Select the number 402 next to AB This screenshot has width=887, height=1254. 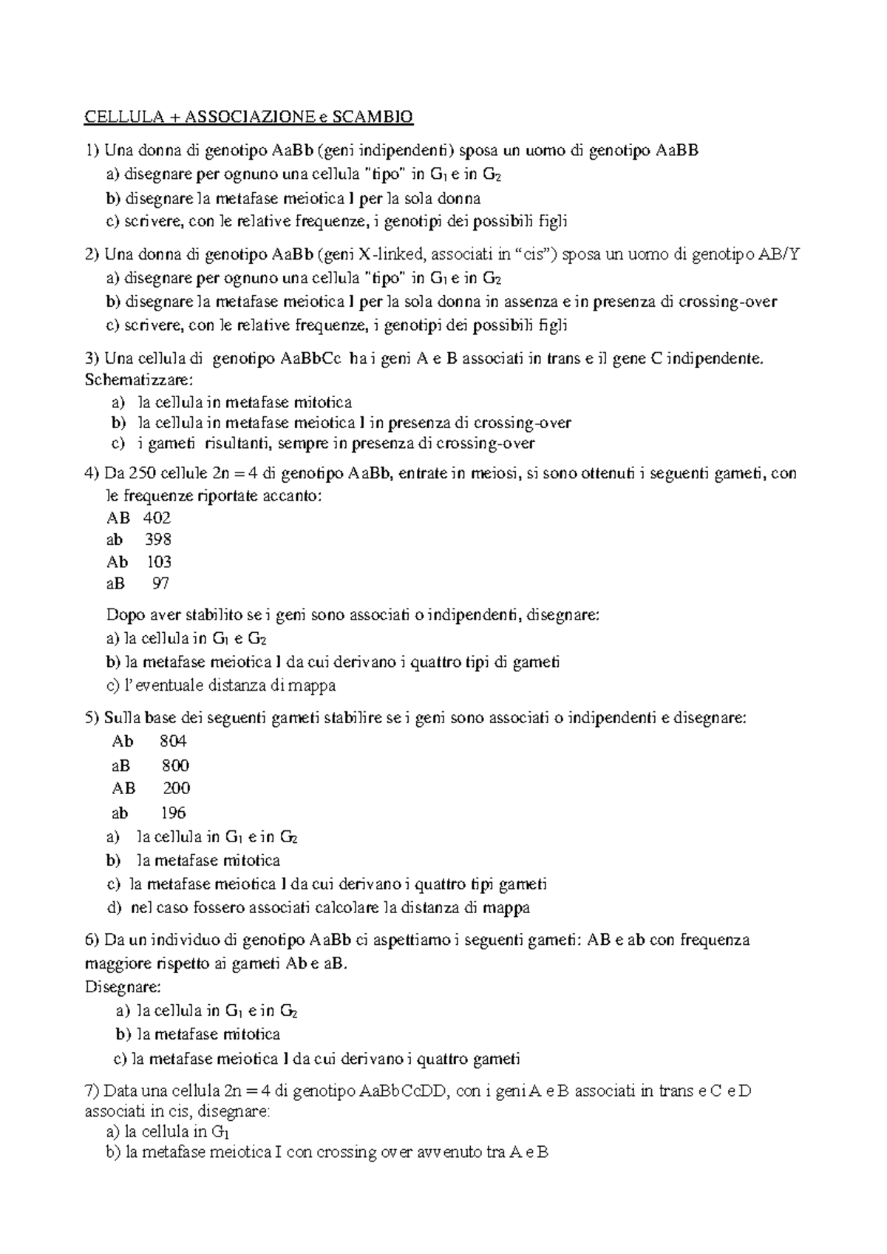click(x=157, y=518)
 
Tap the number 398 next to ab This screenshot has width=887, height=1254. click(x=158, y=539)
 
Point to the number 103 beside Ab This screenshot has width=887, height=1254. click(x=159, y=561)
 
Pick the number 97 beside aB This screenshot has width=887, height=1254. click(x=160, y=583)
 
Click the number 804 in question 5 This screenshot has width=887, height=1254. click(x=173, y=741)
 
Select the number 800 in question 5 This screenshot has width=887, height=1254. click(x=175, y=765)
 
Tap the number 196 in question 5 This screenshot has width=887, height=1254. click(x=173, y=813)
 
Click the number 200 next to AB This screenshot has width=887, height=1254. click(x=177, y=788)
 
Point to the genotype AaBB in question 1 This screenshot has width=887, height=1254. click(x=676, y=152)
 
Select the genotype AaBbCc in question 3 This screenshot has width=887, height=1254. click(x=311, y=359)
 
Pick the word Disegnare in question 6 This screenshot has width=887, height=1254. click(x=123, y=987)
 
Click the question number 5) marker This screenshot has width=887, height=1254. click(x=92, y=718)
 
